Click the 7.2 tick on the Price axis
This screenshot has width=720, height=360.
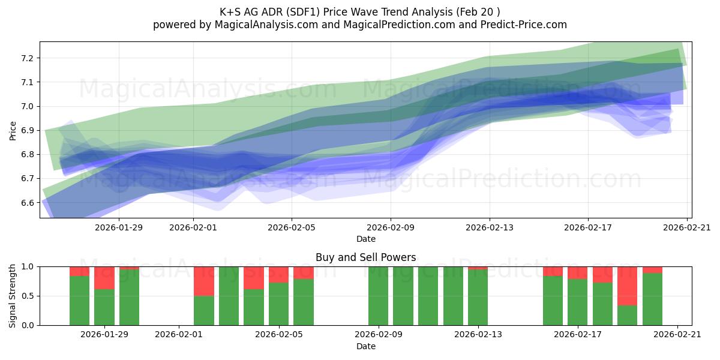click(x=28, y=58)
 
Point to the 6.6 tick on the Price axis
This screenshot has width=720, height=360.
click(x=28, y=203)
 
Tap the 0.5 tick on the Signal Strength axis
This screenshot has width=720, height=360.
click(x=28, y=296)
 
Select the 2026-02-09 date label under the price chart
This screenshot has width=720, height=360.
click(x=391, y=227)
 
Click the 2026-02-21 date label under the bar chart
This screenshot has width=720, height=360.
click(x=677, y=335)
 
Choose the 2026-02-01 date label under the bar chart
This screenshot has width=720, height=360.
click(x=179, y=335)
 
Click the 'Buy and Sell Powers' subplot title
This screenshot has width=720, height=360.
click(x=366, y=257)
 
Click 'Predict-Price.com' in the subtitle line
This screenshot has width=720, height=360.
click(x=524, y=25)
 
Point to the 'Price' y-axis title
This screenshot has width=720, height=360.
click(x=13, y=131)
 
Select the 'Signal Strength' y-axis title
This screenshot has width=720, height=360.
click(x=12, y=296)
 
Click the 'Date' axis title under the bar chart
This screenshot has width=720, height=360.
click(x=366, y=346)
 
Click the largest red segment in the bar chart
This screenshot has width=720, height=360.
click(x=627, y=286)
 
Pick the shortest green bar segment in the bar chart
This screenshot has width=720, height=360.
click(x=627, y=316)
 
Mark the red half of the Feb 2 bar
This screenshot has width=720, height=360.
click(x=204, y=281)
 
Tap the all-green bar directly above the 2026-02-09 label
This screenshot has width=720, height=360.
click(x=379, y=296)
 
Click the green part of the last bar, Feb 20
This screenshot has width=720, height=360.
click(x=652, y=299)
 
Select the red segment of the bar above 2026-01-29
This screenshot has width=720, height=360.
click(x=104, y=278)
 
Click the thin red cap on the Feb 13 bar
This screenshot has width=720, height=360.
click(x=478, y=268)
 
